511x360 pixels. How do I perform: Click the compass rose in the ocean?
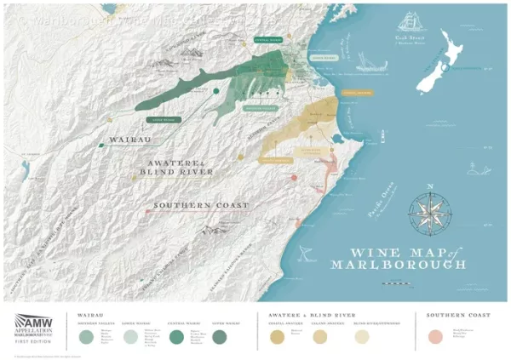pyautogui.click(x=430, y=209)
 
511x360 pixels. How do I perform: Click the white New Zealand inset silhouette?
pyautogui.click(x=446, y=71)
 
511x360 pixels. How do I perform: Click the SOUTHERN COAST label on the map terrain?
pyautogui.click(x=200, y=206)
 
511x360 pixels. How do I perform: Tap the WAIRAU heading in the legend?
pyautogui.click(x=91, y=315)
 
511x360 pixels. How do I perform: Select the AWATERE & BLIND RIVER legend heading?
pyautogui.click(x=299, y=315)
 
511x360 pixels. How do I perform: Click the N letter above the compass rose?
pyautogui.click(x=430, y=186)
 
